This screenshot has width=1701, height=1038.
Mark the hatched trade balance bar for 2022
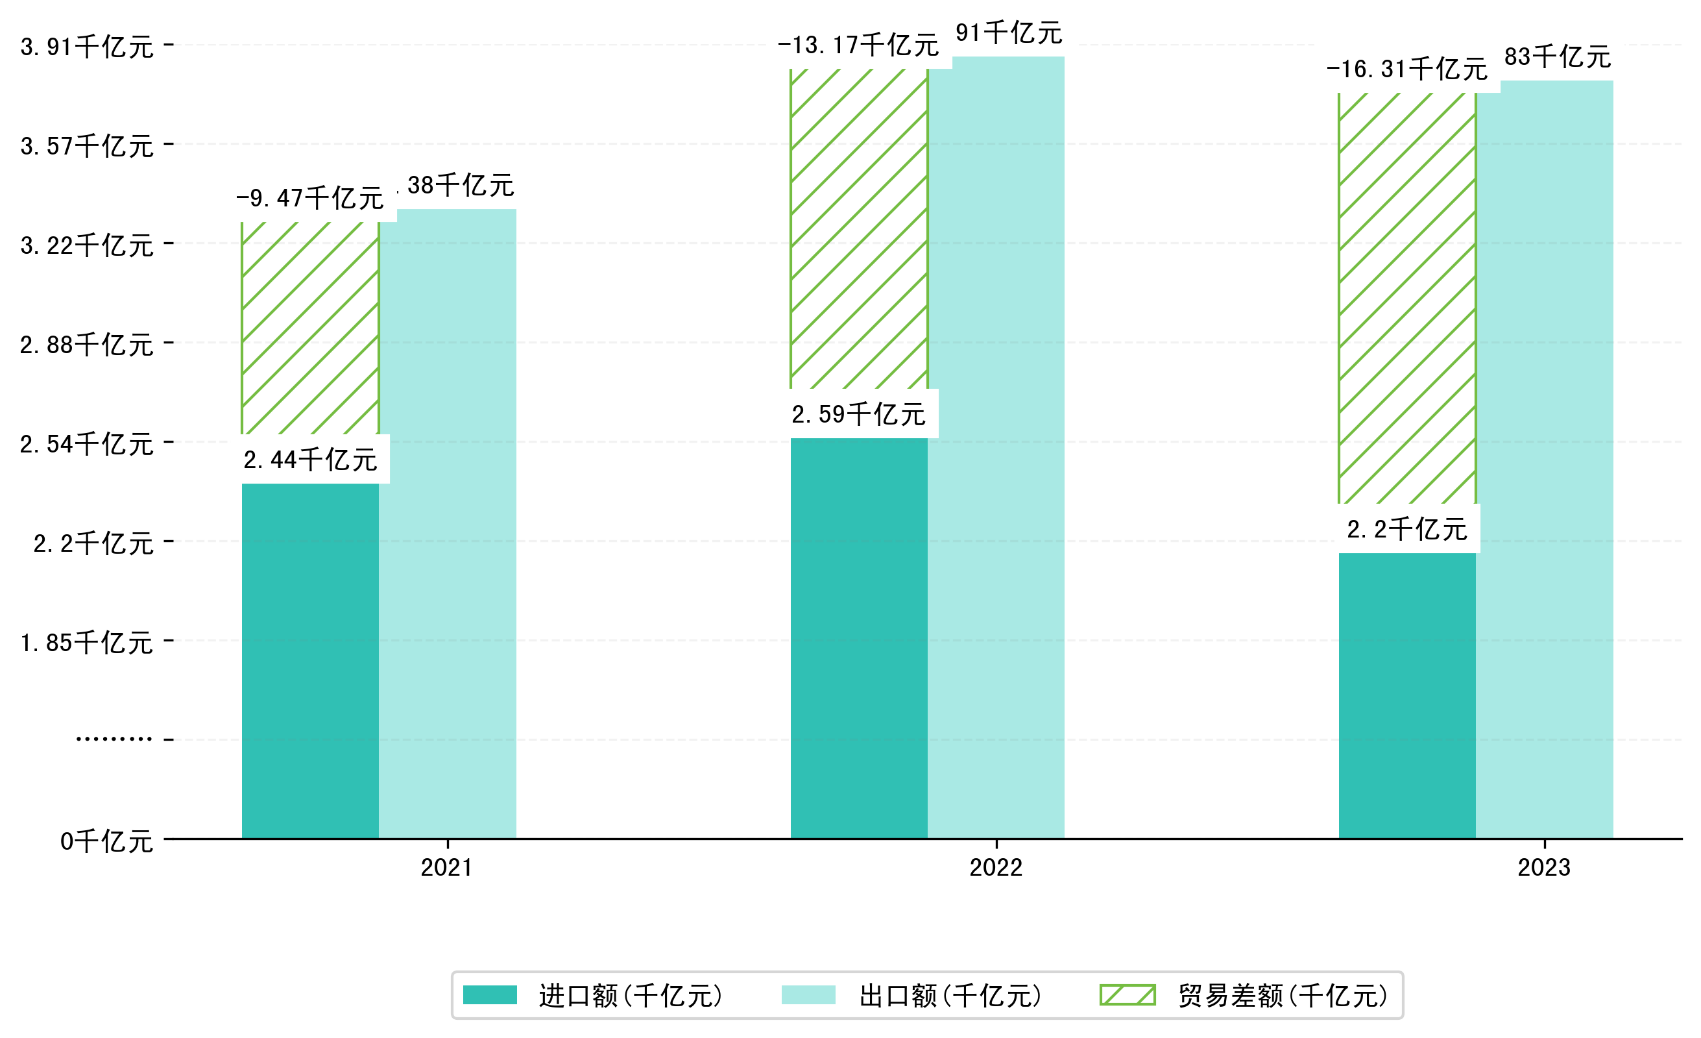(859, 229)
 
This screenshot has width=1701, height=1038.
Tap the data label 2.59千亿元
(859, 414)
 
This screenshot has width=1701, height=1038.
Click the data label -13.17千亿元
(858, 45)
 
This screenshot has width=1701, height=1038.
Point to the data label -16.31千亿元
(1407, 69)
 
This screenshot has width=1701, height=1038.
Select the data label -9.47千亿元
(310, 198)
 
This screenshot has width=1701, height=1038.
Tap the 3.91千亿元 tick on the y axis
(87, 47)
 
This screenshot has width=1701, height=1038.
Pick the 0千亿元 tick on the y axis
(106, 842)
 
